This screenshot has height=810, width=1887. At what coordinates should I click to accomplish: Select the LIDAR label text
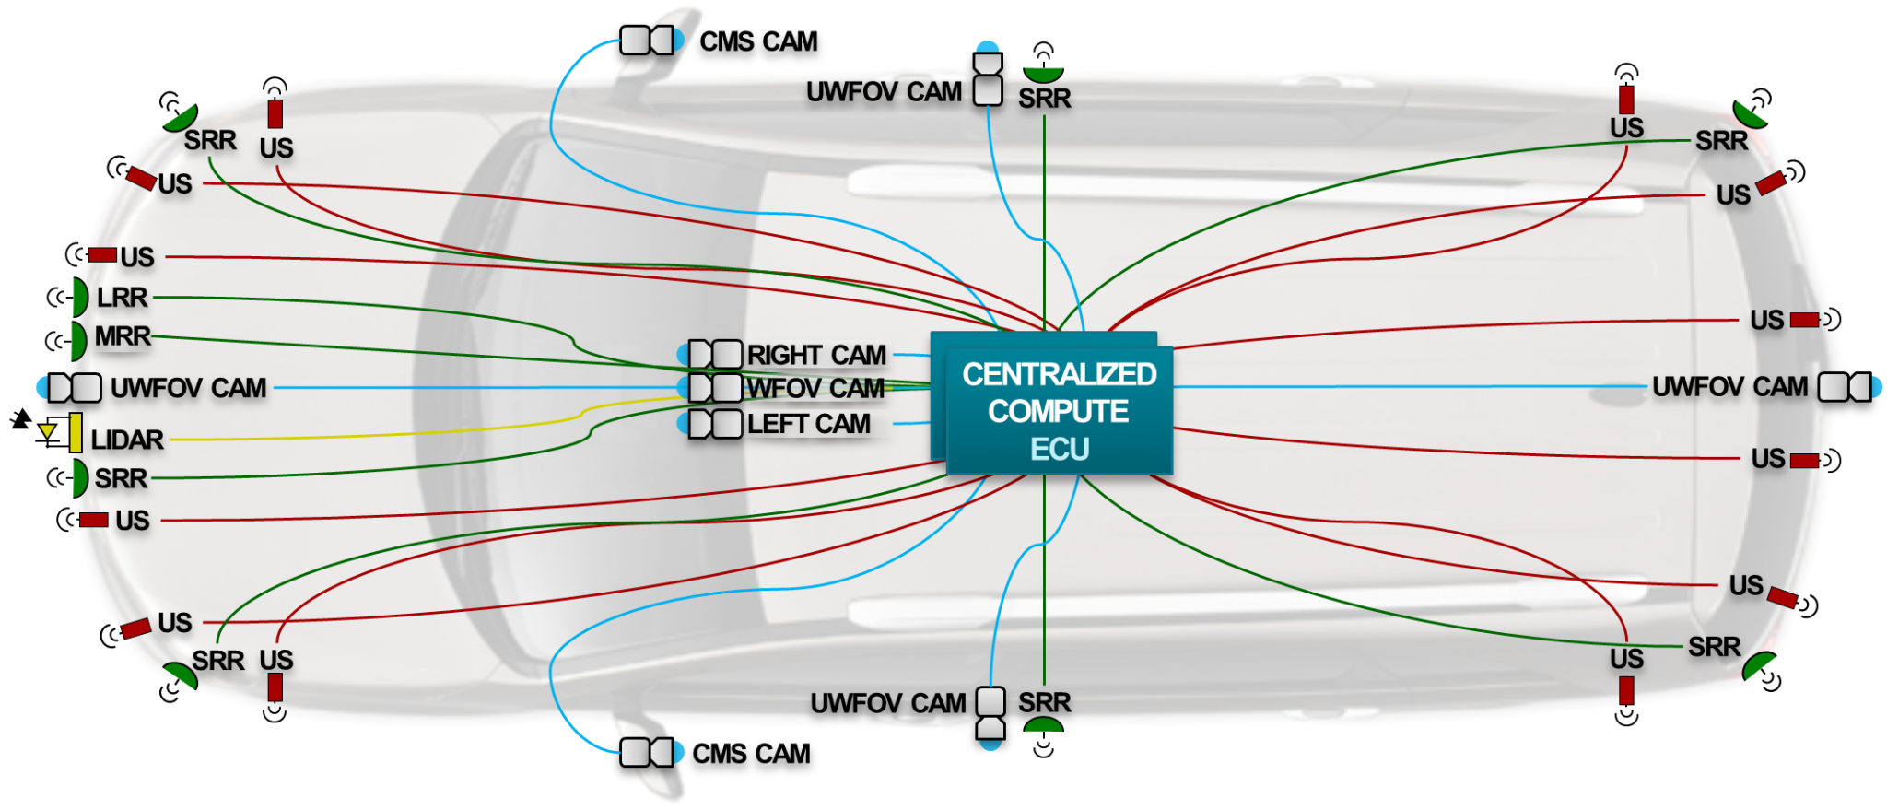click(x=127, y=440)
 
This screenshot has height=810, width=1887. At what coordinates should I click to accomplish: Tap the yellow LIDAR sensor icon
click(x=75, y=432)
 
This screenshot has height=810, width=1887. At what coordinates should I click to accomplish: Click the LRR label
click(x=122, y=298)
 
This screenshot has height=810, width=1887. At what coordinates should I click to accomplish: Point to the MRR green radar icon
click(x=79, y=340)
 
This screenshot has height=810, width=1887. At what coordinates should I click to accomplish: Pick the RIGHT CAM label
click(x=816, y=355)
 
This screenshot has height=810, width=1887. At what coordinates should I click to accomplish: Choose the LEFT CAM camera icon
click(x=715, y=424)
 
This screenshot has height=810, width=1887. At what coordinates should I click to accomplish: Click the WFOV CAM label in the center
click(x=815, y=388)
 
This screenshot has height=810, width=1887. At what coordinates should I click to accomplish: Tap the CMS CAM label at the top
click(x=758, y=41)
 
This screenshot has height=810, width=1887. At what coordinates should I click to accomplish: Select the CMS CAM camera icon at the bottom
click(x=648, y=753)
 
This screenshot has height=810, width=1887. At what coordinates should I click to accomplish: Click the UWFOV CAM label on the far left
click(x=188, y=388)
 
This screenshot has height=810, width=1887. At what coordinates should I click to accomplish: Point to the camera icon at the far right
click(x=1846, y=387)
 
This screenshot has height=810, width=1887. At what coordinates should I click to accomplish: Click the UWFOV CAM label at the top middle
click(x=884, y=92)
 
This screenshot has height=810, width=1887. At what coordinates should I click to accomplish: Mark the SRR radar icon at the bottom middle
click(x=1043, y=727)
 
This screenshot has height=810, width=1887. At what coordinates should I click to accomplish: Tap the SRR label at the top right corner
click(x=1721, y=141)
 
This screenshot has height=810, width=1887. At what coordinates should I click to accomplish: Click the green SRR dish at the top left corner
click(x=182, y=118)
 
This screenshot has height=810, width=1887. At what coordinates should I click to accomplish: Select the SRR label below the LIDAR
click(x=121, y=478)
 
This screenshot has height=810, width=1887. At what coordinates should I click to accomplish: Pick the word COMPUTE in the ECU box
click(x=1058, y=411)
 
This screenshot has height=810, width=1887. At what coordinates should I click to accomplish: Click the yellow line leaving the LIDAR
click(x=369, y=435)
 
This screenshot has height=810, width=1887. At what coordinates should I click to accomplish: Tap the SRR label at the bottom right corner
click(x=1714, y=647)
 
